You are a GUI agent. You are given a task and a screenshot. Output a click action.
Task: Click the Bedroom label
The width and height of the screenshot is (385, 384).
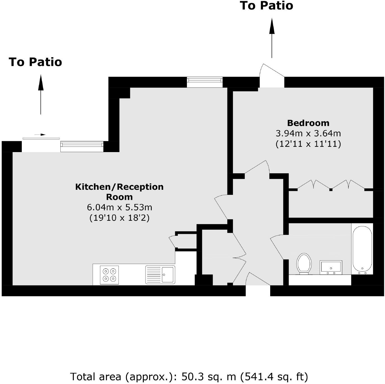308,123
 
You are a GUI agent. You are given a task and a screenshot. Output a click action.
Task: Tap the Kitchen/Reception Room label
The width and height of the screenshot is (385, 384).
119,191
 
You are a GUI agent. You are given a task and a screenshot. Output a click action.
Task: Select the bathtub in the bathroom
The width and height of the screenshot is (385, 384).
362,249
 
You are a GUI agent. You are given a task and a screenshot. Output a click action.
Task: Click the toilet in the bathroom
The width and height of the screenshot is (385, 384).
304,263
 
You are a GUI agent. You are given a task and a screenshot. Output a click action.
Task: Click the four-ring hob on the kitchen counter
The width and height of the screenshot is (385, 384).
109,275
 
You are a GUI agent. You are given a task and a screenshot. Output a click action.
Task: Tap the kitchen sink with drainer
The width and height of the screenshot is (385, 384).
160,275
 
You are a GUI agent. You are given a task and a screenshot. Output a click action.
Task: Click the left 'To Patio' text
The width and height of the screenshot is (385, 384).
35,62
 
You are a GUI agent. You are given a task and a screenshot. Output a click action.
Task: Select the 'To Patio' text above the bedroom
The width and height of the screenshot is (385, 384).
266,6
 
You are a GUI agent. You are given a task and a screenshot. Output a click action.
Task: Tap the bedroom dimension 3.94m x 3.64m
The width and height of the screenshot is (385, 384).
308,133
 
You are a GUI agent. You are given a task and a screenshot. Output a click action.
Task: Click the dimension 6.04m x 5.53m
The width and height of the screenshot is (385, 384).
119,207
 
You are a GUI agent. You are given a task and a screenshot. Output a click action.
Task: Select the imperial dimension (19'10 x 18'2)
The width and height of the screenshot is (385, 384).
119,217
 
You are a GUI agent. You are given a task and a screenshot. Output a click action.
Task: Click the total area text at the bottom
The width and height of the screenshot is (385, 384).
189,376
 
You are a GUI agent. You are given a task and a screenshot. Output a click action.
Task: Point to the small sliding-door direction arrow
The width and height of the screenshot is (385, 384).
40,135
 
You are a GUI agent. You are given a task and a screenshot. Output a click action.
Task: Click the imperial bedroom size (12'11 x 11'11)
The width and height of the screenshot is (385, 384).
308,144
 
